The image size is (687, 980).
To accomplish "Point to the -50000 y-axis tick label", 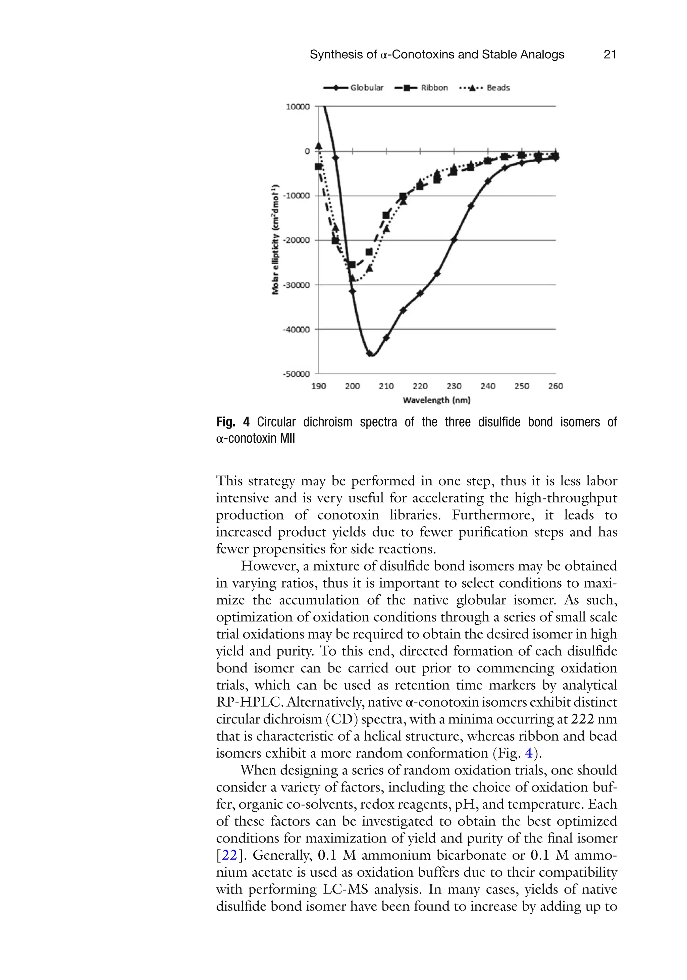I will click(x=296, y=374).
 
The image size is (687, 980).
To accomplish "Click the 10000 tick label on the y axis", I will click(x=298, y=107).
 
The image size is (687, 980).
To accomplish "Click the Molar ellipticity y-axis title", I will click(x=275, y=239).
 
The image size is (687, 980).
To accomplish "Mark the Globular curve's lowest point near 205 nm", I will click(x=371, y=354).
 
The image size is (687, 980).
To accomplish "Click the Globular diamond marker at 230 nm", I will click(x=454, y=239).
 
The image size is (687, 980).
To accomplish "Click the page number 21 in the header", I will click(x=610, y=55).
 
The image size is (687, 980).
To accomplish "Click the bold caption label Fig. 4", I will click(x=233, y=423).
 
